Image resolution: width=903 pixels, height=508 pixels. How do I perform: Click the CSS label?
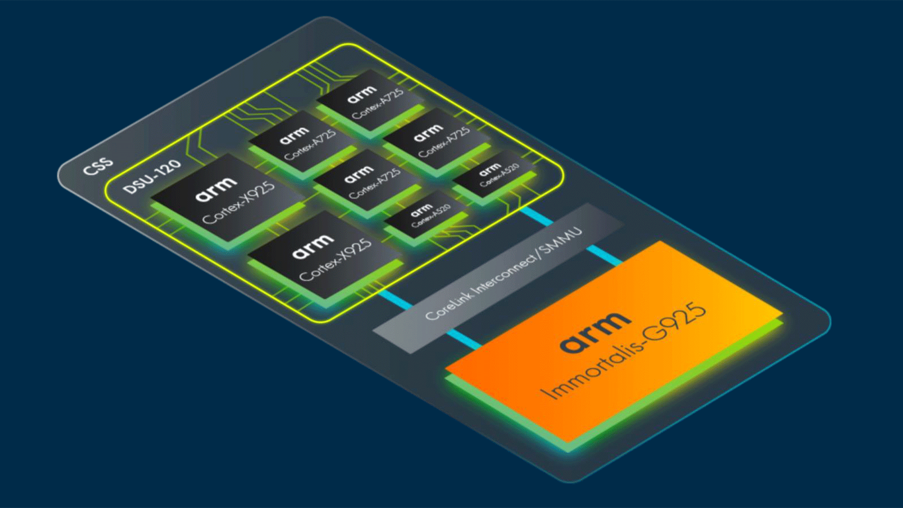click(98, 166)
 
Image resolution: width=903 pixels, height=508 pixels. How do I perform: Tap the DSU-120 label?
click(152, 177)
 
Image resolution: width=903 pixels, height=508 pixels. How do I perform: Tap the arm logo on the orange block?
click(595, 331)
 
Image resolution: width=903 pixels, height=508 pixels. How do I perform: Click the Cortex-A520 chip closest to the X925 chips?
click(426, 214)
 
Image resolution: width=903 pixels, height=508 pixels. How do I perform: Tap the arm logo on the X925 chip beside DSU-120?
click(216, 188)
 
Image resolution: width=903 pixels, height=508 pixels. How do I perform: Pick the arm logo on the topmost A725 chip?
click(362, 95)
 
